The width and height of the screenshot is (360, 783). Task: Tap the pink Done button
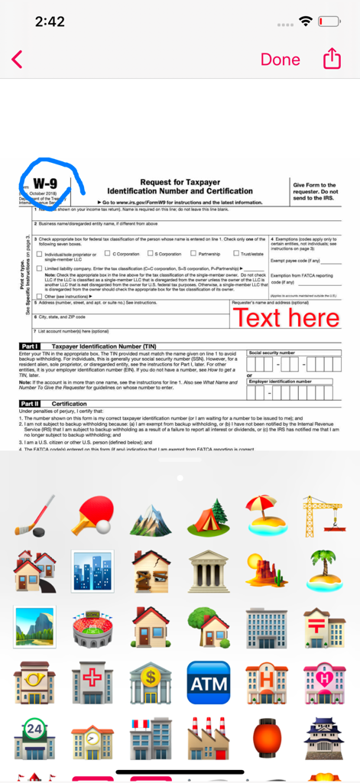click(280, 59)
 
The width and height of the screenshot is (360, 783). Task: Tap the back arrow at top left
click(18, 59)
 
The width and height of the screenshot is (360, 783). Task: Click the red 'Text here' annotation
click(286, 317)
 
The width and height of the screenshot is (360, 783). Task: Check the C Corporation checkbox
click(109, 254)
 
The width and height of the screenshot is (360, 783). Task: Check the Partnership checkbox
click(193, 254)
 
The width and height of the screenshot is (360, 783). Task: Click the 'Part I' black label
click(30, 346)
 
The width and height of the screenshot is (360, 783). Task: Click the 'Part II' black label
click(31, 403)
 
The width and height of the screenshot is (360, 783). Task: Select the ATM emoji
click(208, 683)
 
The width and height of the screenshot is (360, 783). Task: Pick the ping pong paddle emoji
click(92, 515)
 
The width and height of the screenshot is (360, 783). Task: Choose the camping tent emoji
click(209, 515)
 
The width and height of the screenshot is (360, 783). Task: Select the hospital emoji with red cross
click(92, 683)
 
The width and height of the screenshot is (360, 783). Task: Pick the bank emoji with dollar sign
click(150, 683)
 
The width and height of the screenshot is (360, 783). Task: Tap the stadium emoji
click(92, 627)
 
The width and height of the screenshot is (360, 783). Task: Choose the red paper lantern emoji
click(267, 739)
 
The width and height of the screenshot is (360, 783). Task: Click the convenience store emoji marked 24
click(34, 739)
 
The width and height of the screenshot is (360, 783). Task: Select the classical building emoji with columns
click(209, 571)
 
